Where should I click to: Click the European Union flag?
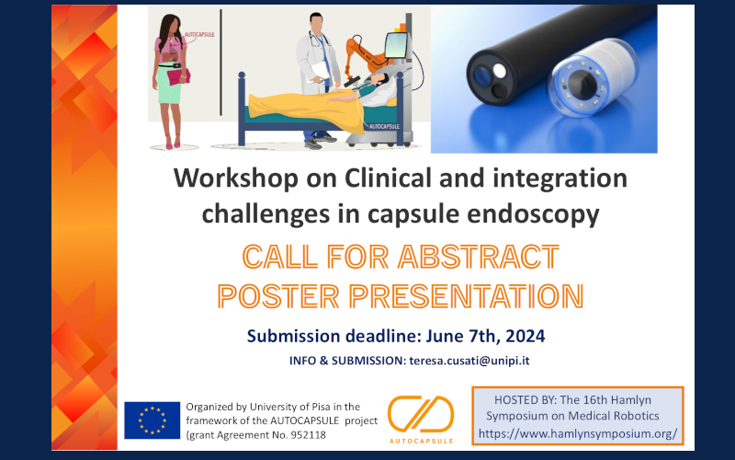coord(152,420)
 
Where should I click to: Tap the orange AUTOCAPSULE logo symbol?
coord(421,414)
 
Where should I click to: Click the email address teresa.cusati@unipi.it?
coord(469,361)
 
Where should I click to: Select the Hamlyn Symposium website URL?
coord(578,433)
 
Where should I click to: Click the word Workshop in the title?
coord(236,178)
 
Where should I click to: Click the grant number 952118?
coord(307,434)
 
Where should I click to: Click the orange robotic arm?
coord(364,55)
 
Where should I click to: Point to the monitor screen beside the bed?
coord(396,44)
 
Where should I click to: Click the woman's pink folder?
coord(178,76)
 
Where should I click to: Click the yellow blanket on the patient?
coord(306,107)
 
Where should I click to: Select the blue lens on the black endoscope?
coord(481,75)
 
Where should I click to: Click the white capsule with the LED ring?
coord(593,76)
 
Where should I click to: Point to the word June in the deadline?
coord(444,336)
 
